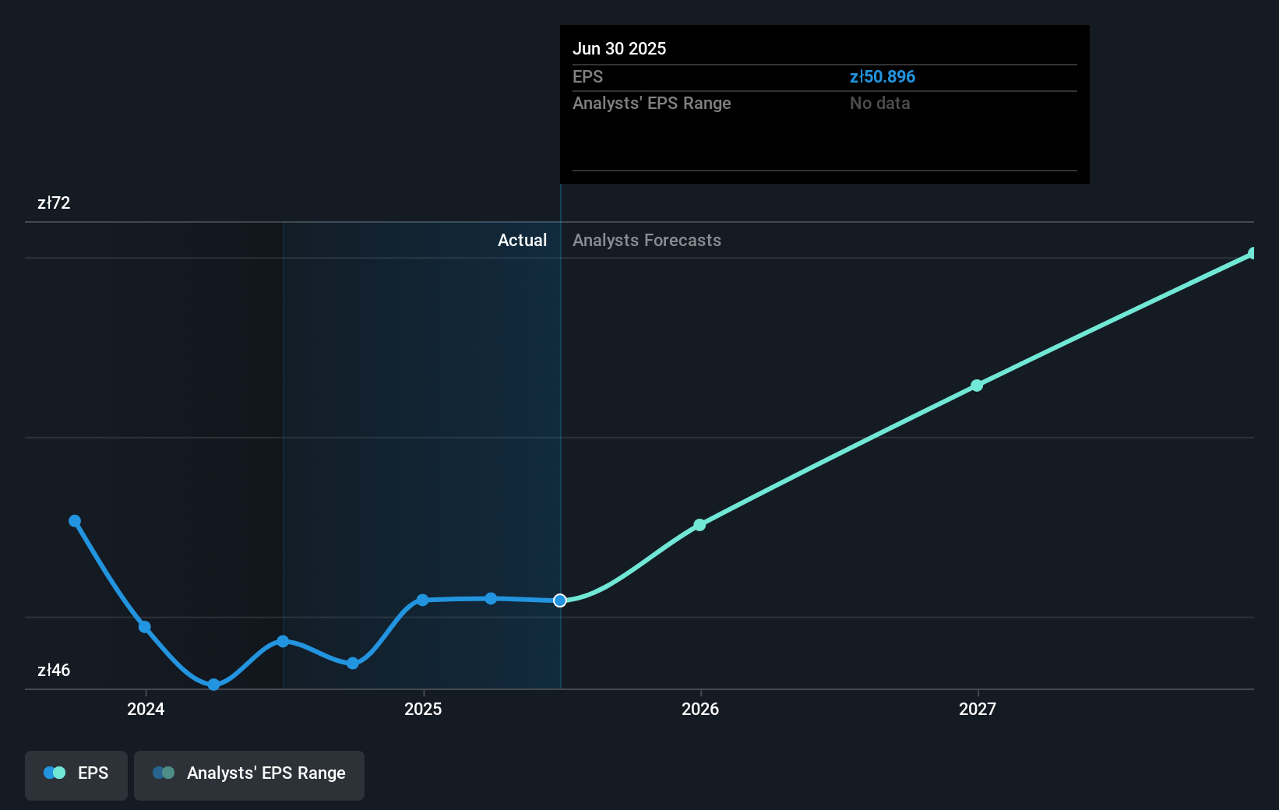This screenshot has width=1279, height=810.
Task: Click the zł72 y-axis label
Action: pyautogui.click(x=54, y=203)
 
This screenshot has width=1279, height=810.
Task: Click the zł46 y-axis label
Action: pyautogui.click(x=54, y=671)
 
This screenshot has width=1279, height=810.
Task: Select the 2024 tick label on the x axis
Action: pyautogui.click(x=146, y=709)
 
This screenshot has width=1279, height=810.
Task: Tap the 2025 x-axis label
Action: pyautogui.click(x=423, y=709)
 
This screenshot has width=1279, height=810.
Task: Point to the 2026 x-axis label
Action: pyautogui.click(x=700, y=709)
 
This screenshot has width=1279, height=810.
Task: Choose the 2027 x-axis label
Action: pyautogui.click(x=978, y=709)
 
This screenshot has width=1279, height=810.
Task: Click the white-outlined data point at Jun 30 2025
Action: pyautogui.click(x=560, y=600)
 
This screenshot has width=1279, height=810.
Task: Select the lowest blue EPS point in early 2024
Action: pyautogui.click(x=213, y=685)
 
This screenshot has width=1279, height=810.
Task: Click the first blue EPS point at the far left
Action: pyautogui.click(x=75, y=521)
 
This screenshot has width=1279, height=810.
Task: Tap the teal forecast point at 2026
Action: pyautogui.click(x=699, y=525)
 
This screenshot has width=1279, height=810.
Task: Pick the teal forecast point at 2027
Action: pyautogui.click(x=977, y=386)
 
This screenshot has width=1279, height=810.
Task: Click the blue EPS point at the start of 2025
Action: pyautogui.click(x=422, y=600)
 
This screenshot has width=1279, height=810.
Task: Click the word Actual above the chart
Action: pyautogui.click(x=522, y=241)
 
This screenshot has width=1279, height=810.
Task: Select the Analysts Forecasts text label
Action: pyautogui.click(x=647, y=241)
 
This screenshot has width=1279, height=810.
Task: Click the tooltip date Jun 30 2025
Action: pyautogui.click(x=619, y=48)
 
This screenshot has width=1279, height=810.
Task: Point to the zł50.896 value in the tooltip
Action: pyautogui.click(x=883, y=77)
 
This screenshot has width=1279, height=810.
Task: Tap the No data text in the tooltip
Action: pyautogui.click(x=879, y=104)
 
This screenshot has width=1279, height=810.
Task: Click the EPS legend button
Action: pyautogui.click(x=76, y=773)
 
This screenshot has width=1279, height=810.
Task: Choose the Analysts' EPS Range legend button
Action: pyautogui.click(x=249, y=773)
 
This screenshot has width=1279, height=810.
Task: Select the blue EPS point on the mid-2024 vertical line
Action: pyautogui.click(x=283, y=642)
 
